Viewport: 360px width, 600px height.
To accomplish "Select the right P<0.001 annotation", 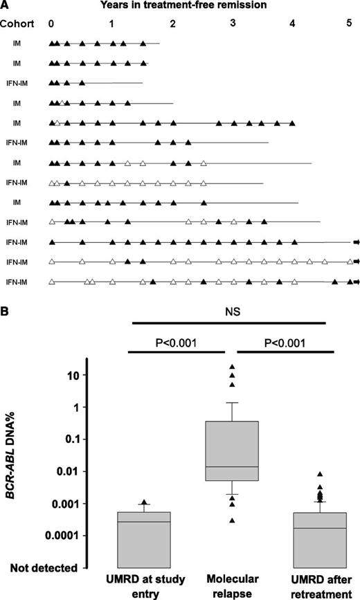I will pos(286,341).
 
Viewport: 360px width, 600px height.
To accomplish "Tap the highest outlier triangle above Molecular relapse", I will pos(233,366).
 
